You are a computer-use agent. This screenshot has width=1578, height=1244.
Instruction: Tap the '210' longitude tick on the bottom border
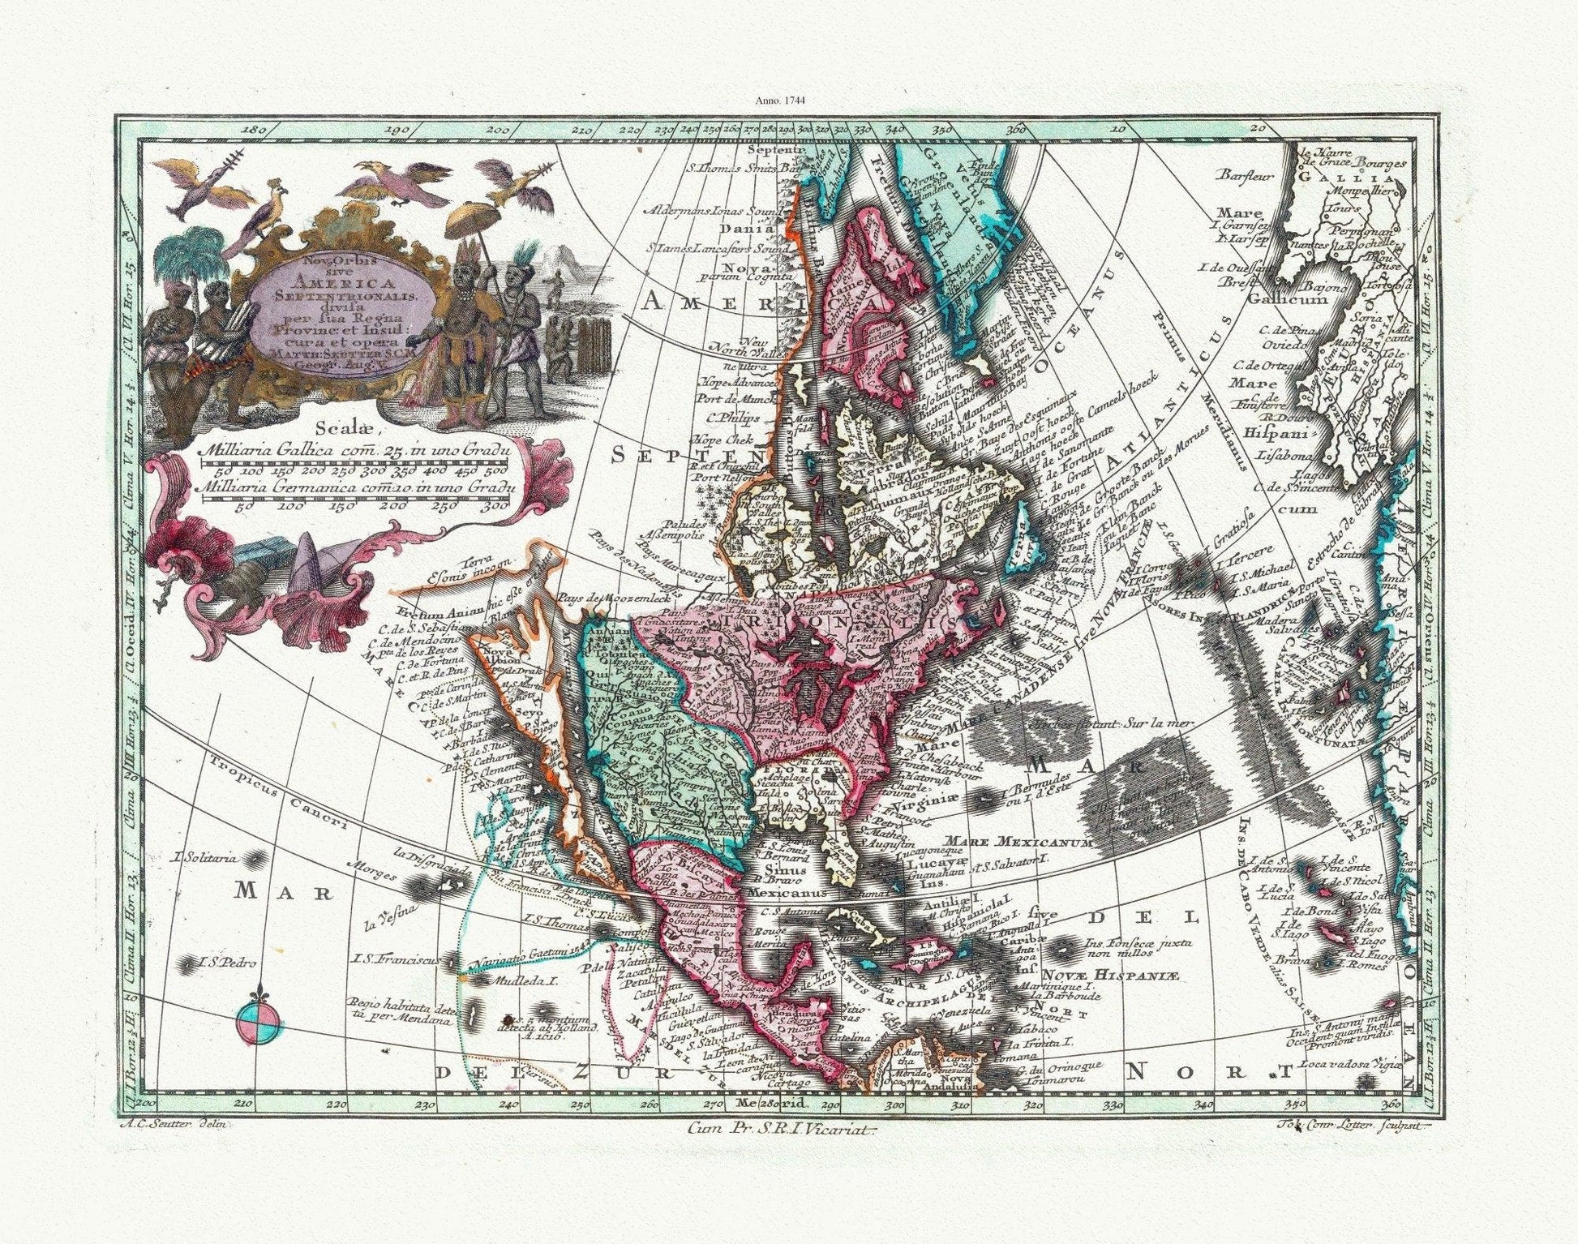point(240,1103)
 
